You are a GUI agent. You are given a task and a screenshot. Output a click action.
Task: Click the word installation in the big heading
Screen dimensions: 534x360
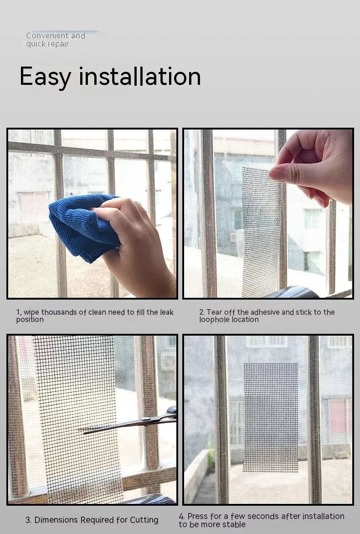tap(140, 76)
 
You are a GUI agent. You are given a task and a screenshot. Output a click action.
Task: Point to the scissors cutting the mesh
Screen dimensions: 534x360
tap(137, 422)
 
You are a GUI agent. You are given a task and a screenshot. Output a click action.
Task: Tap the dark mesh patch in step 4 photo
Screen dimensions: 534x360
tap(271, 417)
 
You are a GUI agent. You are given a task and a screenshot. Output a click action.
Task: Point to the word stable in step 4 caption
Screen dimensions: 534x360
tap(233, 524)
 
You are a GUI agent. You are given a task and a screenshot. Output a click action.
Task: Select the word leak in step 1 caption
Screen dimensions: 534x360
tap(166, 312)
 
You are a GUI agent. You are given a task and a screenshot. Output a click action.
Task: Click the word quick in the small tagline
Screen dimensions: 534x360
tap(35, 44)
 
